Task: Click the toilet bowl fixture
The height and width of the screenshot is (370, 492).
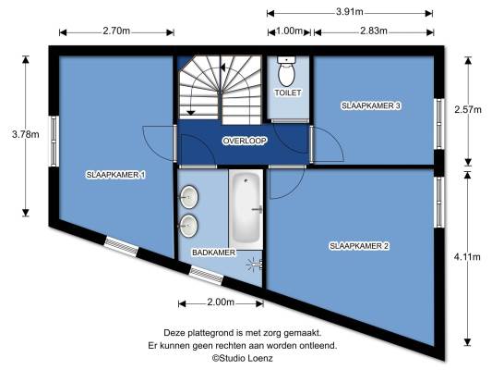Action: point(287,71)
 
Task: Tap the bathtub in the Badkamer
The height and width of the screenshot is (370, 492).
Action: point(246,209)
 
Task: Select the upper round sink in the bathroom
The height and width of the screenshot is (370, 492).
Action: point(188,197)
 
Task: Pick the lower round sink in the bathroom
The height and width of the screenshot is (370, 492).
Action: point(188,226)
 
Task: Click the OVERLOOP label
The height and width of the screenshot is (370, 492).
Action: point(245,141)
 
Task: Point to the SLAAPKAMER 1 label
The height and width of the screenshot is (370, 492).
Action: point(115,175)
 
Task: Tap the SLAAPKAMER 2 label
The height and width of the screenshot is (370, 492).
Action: point(359,246)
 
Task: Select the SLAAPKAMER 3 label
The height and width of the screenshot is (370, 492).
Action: point(371,105)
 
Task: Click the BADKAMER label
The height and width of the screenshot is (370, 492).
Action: point(213,253)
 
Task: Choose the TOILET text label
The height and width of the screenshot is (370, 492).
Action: point(288,92)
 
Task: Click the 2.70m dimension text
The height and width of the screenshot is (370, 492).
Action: point(116,31)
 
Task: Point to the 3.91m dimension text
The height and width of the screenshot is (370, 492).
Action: point(350,12)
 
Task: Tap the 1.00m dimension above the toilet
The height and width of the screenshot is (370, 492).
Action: point(289,31)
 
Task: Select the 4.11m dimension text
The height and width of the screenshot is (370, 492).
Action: point(467,257)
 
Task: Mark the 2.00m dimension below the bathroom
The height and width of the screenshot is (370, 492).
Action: point(221,302)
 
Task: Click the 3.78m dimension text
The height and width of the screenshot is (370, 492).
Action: point(26,134)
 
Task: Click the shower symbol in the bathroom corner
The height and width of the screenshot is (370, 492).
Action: point(255,265)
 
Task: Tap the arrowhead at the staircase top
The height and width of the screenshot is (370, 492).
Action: point(222,68)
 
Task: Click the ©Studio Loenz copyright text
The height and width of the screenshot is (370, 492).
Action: point(242,358)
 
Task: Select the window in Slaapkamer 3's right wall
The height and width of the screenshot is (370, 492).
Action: point(439,124)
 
